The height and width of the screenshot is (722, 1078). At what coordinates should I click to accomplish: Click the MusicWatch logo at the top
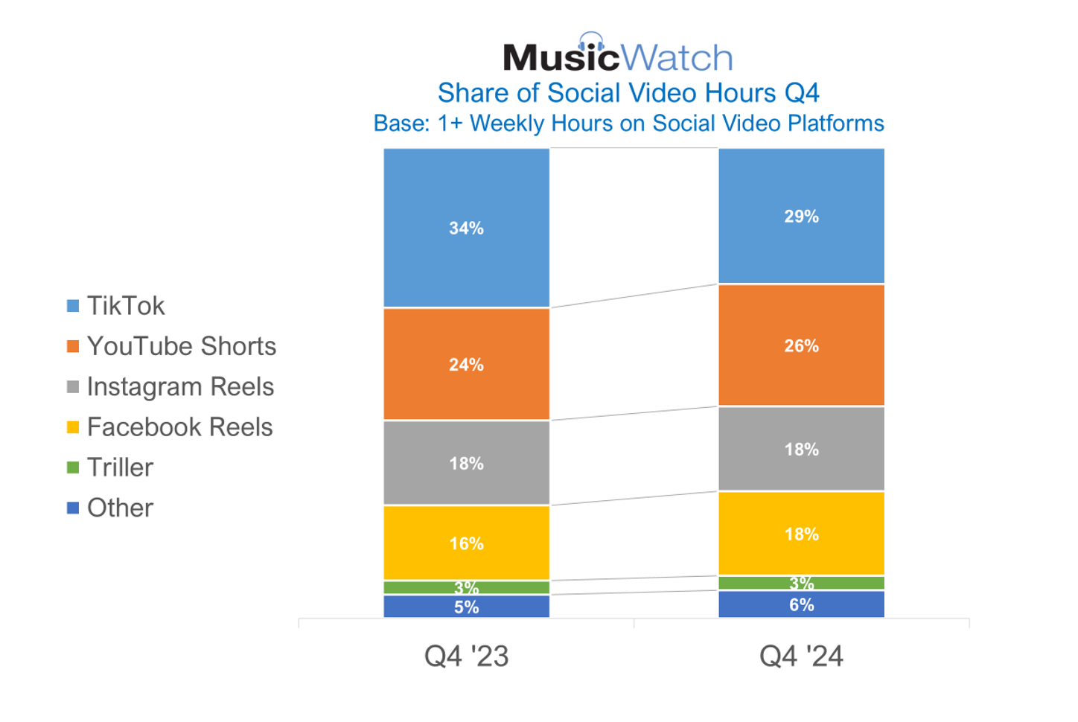point(617,54)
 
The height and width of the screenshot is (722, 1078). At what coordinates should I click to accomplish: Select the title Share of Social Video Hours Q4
point(628,93)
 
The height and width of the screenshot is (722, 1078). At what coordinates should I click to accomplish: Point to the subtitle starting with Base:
point(628,123)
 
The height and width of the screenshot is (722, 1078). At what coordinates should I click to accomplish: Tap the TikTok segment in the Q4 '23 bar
point(466,228)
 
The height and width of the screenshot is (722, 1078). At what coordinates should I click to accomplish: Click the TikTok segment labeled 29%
point(801,216)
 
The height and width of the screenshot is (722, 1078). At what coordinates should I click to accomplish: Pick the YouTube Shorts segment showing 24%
point(466,364)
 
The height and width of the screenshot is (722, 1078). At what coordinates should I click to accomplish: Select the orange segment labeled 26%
point(801,345)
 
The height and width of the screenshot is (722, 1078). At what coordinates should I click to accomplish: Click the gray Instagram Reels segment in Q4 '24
point(801,449)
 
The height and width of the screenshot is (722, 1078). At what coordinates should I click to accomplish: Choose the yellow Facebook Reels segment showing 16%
point(466,543)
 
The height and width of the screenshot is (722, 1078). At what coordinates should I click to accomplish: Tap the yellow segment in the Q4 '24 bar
point(801,534)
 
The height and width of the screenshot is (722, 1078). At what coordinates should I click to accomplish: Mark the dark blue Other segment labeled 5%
point(466,607)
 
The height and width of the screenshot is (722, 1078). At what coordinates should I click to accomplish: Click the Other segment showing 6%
point(801,604)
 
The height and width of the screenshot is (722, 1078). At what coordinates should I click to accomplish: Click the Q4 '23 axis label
point(466,656)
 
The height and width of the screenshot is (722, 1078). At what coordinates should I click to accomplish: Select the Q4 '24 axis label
point(801,656)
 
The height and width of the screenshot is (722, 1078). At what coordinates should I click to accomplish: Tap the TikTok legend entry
point(125,306)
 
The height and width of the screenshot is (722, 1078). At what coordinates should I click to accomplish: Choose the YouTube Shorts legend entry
point(181,346)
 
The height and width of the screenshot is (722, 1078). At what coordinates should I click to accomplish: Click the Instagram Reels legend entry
point(180,387)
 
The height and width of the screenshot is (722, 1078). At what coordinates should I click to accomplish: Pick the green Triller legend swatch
point(73,467)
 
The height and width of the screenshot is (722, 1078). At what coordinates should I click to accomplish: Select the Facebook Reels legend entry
point(179,427)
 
